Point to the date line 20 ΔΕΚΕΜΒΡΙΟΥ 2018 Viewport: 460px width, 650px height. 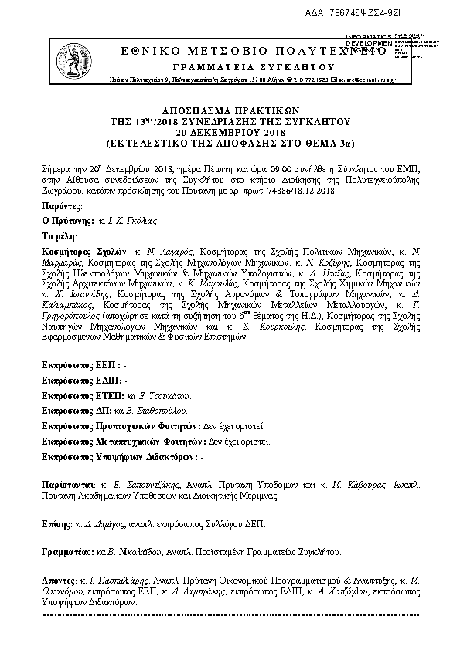pyautogui.click(x=231, y=132)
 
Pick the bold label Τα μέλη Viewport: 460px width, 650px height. pyautogui.click(x=57, y=236)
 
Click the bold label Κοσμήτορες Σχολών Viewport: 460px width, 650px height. pyautogui.click(x=83, y=252)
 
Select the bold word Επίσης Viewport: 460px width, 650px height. pyautogui.click(x=54, y=523)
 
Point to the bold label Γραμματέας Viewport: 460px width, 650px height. pyautogui.click(x=66, y=553)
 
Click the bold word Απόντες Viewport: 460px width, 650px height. pyautogui.click(x=58, y=579)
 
